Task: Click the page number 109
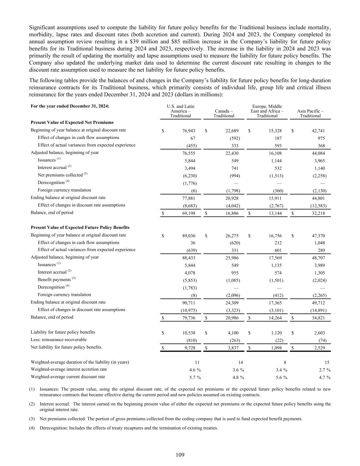click(180, 455)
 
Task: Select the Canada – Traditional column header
click(224, 113)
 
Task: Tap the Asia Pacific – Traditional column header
click(310, 113)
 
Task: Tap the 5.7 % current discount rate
click(195, 377)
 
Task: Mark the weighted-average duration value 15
click(327, 363)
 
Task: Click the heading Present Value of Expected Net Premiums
click(72, 122)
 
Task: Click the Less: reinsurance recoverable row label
click(58, 340)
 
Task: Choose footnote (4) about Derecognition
click(128, 428)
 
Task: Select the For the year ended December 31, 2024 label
click(70, 106)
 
